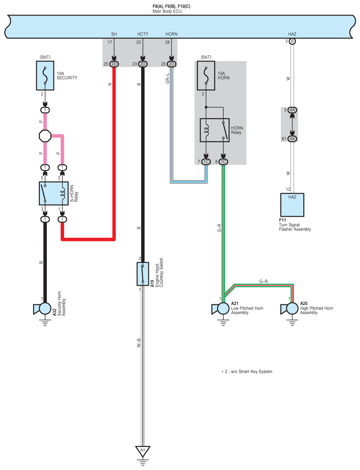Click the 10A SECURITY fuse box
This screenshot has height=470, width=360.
(x=45, y=76)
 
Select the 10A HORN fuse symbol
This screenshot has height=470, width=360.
(x=206, y=76)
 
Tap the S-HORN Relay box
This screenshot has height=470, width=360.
(x=54, y=194)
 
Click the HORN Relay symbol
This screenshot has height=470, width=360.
(x=215, y=130)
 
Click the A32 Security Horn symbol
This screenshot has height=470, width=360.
(x=45, y=309)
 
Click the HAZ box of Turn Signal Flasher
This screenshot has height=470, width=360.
(x=292, y=205)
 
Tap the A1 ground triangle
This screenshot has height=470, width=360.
(x=143, y=451)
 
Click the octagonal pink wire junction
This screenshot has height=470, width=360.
(x=45, y=137)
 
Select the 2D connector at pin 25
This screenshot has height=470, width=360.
(x=114, y=64)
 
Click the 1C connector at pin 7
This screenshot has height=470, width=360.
(x=206, y=162)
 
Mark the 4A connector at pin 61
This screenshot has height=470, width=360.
(x=292, y=139)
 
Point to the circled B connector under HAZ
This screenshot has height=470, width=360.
(x=292, y=41)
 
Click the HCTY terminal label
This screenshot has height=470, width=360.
(x=143, y=34)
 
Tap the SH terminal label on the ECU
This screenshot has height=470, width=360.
(x=114, y=34)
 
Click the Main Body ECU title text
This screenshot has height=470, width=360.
(x=167, y=11)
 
